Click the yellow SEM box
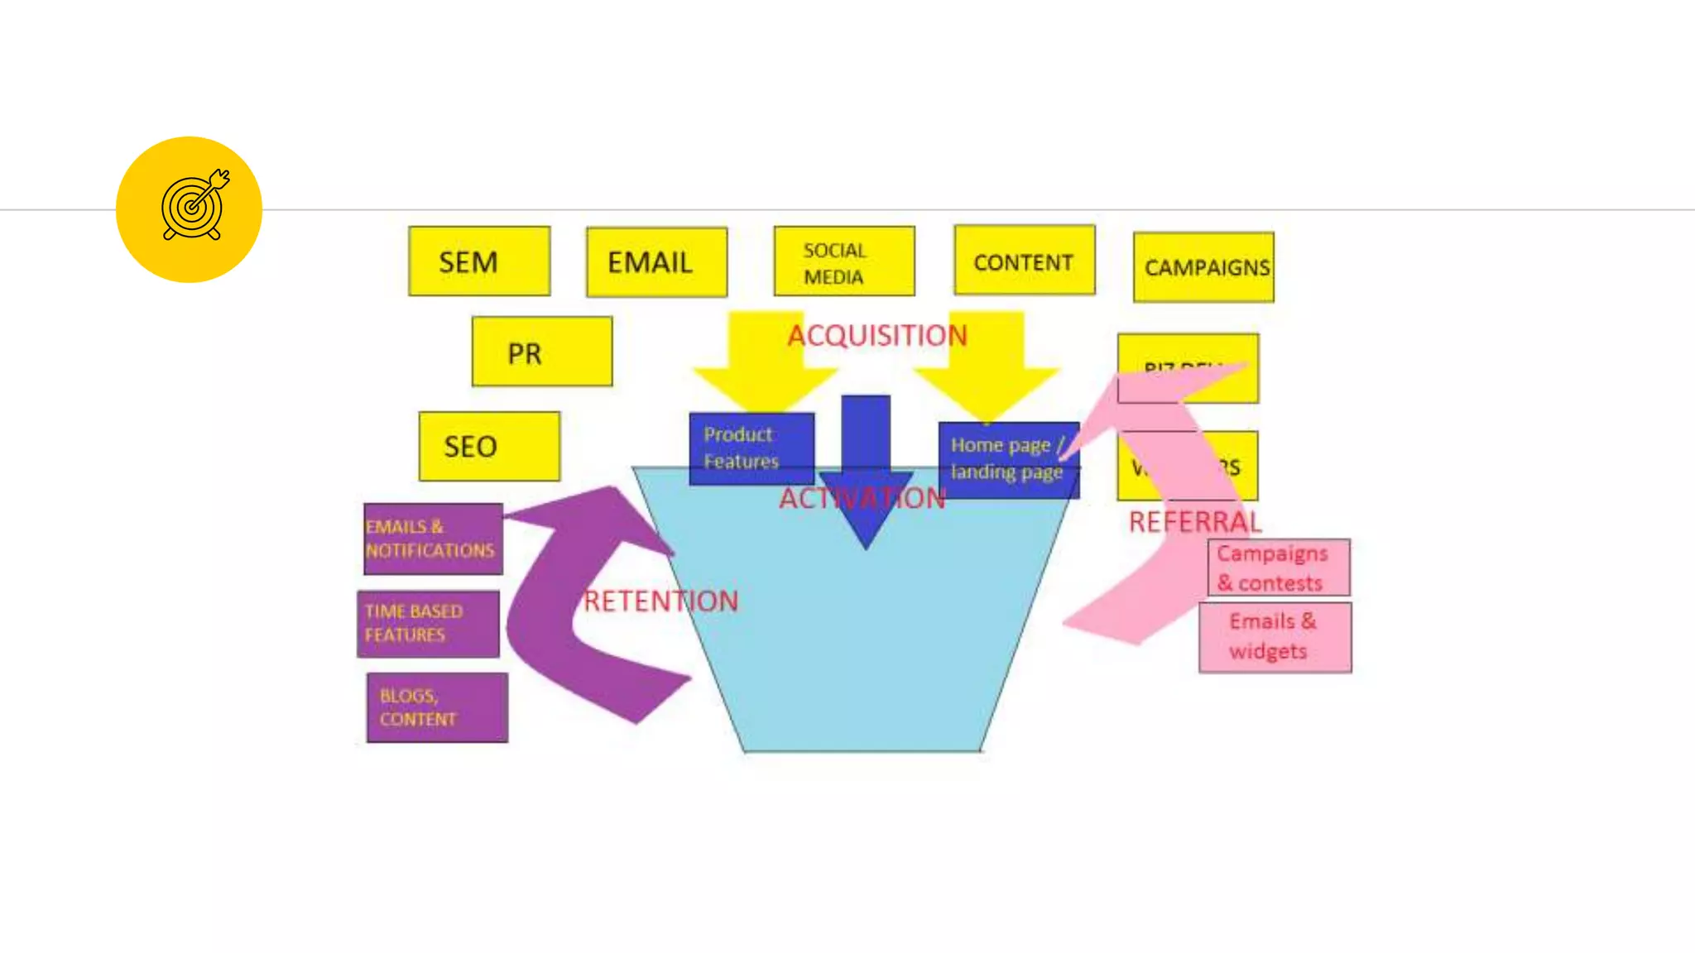click(479, 261)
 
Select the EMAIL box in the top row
click(656, 262)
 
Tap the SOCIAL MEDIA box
click(844, 261)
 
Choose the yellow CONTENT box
click(1024, 261)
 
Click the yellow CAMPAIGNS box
click(1203, 267)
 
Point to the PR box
click(542, 352)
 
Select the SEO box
click(489, 446)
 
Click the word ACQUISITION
click(877, 335)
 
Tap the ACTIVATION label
click(862, 498)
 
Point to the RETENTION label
click(660, 601)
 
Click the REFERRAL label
click(1195, 522)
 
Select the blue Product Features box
click(751, 448)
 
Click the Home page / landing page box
click(1008, 459)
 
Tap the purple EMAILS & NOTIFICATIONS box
click(433, 539)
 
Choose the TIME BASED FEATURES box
click(428, 624)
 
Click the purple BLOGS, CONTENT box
click(437, 707)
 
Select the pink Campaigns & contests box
click(1278, 567)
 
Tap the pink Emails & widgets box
click(1275, 637)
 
